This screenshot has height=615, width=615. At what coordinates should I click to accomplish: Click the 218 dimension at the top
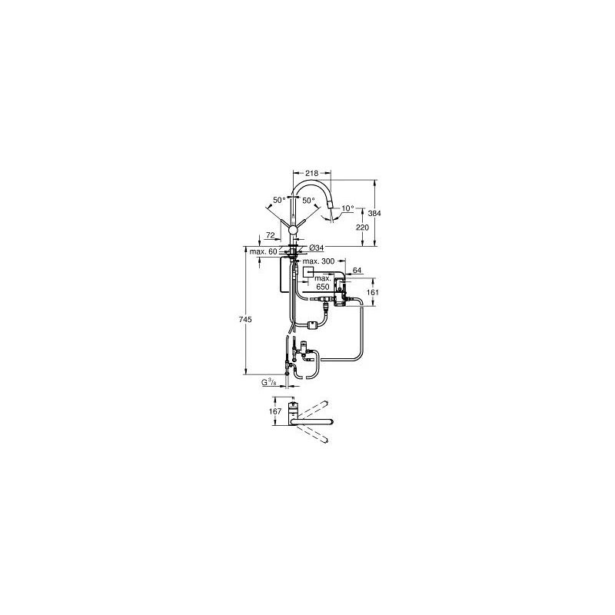point(313,173)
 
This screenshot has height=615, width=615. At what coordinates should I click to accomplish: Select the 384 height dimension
point(375,214)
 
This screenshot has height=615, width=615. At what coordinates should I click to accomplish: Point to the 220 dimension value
point(363,228)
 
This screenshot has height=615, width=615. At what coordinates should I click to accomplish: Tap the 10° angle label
point(347,208)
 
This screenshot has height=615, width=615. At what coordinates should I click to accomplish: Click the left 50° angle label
point(279,200)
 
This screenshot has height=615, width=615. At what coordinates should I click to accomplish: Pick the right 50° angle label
point(309,200)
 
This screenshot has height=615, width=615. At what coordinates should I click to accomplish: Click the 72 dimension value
point(271,235)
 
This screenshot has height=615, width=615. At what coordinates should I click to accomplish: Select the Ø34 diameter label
point(317,248)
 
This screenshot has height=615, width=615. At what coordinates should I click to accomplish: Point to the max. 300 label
point(318,261)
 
